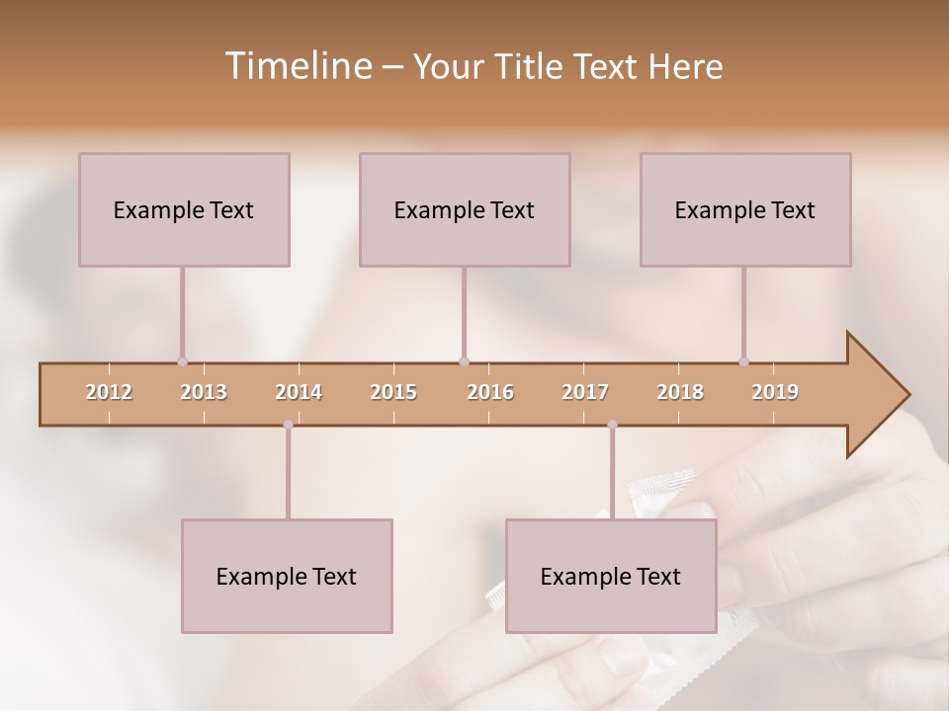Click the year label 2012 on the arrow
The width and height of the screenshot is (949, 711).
point(109,392)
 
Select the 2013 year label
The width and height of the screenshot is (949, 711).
point(204,392)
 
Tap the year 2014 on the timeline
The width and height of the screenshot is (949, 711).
point(299,392)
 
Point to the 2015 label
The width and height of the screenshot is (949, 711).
point(393,392)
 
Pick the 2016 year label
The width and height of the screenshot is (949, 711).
point(490,392)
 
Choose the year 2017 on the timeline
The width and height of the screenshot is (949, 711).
point(585,392)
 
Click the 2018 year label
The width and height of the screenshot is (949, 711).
point(680,392)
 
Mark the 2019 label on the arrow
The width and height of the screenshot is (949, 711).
point(775,392)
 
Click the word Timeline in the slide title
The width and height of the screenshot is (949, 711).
point(296,66)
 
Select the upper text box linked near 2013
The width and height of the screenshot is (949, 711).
point(184,209)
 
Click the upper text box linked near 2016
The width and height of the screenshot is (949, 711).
point(465,209)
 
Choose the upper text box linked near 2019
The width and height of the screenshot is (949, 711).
point(745,209)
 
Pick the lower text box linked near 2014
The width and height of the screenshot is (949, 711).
point(287,576)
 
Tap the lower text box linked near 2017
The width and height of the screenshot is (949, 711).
point(611,576)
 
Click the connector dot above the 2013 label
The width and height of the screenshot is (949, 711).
point(182,361)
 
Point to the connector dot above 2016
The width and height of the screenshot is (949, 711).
point(464,361)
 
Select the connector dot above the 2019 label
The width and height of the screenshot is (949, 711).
point(743,361)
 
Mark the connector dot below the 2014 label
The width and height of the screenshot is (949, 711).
point(288,425)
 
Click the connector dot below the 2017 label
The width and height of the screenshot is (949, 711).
point(612,425)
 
